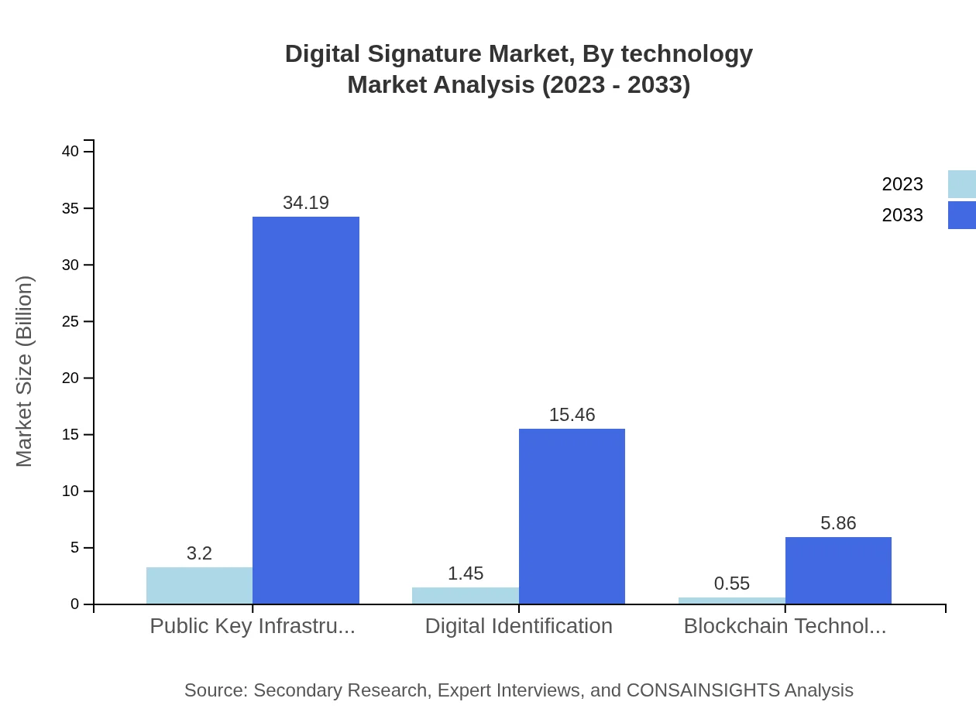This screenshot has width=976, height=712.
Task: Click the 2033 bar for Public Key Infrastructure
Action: tap(306, 410)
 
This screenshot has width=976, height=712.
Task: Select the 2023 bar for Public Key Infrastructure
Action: tap(199, 585)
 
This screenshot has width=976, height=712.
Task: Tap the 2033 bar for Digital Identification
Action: tap(572, 516)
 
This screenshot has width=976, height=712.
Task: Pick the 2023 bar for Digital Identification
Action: tap(465, 595)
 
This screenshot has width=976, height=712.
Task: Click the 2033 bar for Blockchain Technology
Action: tap(838, 570)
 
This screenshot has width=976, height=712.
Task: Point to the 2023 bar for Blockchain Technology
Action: tap(731, 601)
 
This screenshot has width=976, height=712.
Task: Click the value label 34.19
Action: tap(306, 203)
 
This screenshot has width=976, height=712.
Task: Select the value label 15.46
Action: tap(572, 415)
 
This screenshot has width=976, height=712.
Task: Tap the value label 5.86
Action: tap(838, 523)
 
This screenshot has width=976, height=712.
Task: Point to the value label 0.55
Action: tap(731, 584)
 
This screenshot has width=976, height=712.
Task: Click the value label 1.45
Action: tap(465, 573)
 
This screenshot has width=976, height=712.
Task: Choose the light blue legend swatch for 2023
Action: tap(961, 184)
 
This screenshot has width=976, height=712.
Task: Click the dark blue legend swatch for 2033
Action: tap(961, 215)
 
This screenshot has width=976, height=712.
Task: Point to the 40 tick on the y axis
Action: tap(70, 151)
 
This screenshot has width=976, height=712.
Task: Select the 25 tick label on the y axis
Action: tap(70, 321)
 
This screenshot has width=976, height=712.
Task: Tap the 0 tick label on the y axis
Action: tap(75, 604)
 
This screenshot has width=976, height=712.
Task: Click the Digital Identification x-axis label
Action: tap(518, 625)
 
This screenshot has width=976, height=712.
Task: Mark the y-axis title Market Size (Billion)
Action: tap(24, 371)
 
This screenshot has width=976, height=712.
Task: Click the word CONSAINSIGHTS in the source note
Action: tap(702, 690)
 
